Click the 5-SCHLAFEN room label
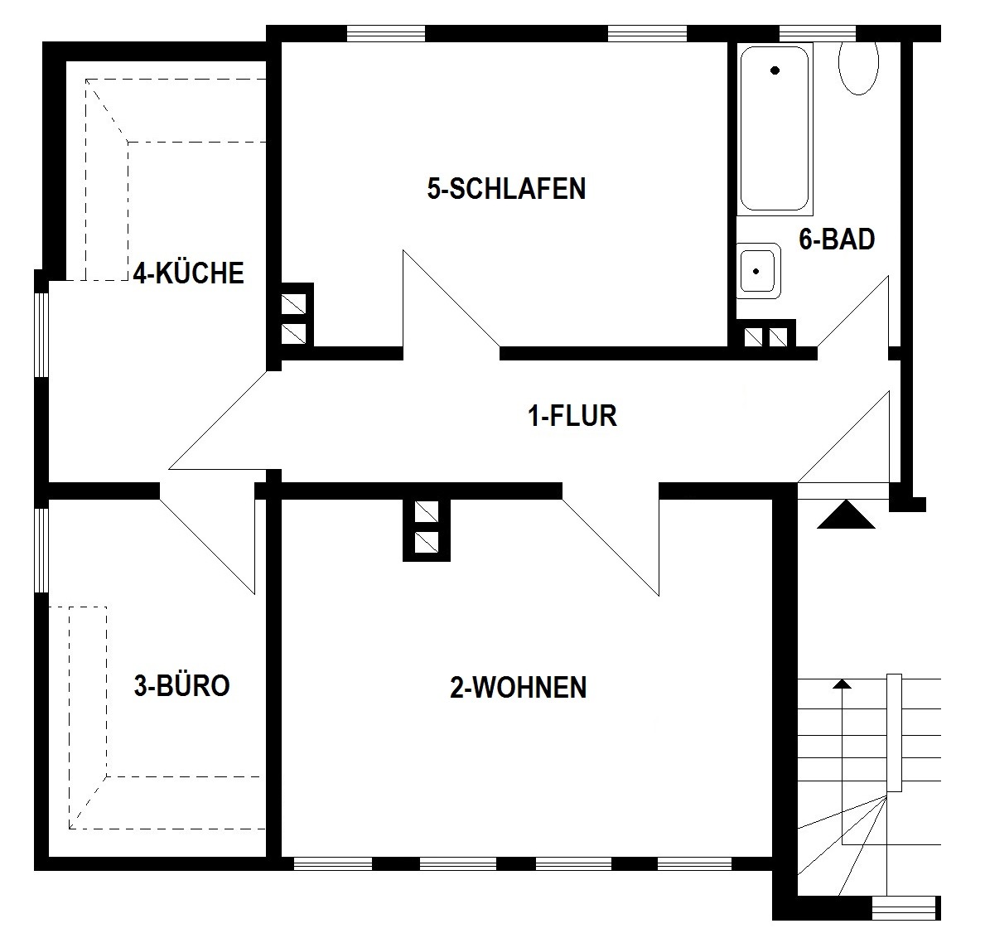tap(506, 189)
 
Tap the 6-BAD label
tap(837, 239)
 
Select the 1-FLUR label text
tap(572, 416)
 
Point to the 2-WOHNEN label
tap(519, 688)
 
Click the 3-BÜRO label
tap(181, 685)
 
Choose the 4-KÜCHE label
tap(188, 273)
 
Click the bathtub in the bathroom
tap(774, 128)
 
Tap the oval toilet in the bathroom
tap(858, 68)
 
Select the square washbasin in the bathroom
tap(760, 271)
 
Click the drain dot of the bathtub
tap(775, 70)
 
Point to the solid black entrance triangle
tap(846, 515)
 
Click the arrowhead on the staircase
tap(842, 684)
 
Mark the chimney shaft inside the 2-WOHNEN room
tap(427, 529)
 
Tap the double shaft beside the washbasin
tap(767, 335)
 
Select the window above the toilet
tap(818, 32)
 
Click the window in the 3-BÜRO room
tap(41, 549)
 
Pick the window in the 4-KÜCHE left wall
tap(41, 334)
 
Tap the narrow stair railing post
tap(894, 733)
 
